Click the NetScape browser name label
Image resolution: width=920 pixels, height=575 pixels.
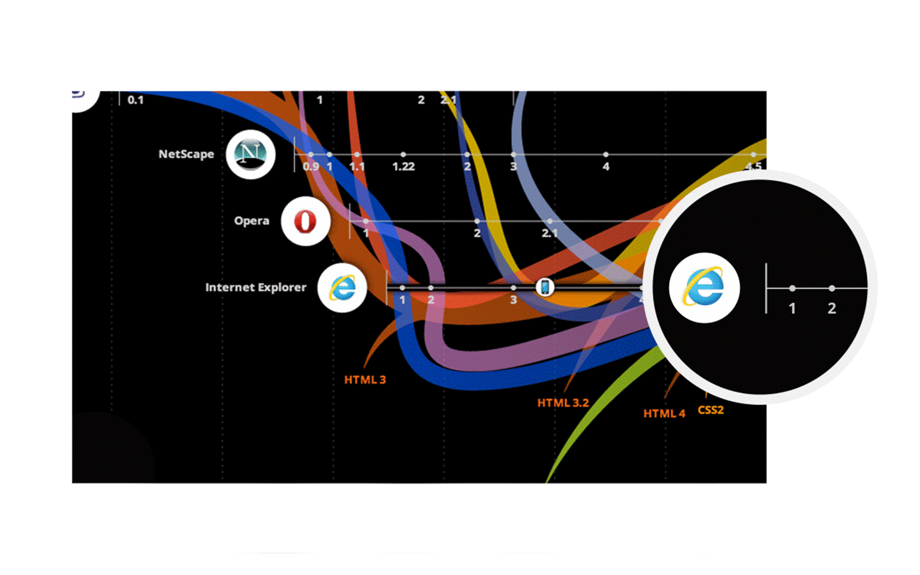[186, 154]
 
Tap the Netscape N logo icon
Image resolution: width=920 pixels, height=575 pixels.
[251, 154]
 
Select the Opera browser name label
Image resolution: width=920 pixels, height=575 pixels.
[252, 221]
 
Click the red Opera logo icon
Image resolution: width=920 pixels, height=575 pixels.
[305, 221]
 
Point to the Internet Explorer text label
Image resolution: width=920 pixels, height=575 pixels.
[256, 287]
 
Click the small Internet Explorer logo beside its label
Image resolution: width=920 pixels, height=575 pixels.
[342, 288]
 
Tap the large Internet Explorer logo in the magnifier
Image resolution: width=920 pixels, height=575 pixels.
[704, 288]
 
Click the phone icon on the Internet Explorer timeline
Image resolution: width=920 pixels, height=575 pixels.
[545, 287]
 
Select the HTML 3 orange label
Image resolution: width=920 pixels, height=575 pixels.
[365, 380]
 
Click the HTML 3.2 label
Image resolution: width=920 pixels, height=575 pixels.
[563, 403]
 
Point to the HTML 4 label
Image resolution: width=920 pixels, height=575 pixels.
[664, 414]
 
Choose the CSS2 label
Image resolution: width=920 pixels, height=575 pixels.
[711, 410]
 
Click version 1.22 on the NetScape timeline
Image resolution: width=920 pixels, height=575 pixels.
[403, 167]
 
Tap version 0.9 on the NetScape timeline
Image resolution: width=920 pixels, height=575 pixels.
[311, 167]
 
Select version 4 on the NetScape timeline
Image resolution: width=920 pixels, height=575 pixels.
[606, 167]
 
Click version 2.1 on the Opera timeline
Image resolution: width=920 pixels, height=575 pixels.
[550, 233]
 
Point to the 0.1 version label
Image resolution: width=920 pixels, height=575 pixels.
[135, 100]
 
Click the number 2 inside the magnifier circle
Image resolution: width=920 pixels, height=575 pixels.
[832, 308]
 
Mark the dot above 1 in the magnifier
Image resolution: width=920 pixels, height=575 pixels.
[792, 288]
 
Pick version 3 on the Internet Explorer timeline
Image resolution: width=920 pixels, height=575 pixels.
[513, 300]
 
